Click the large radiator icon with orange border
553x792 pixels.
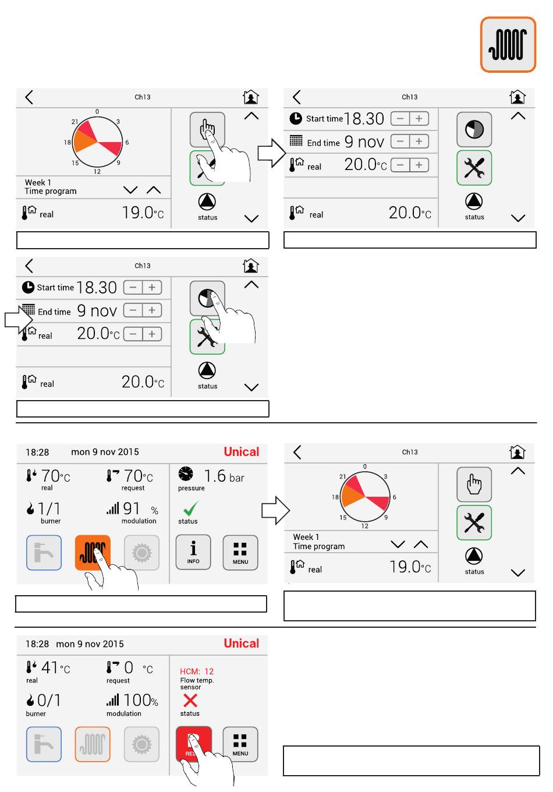tap(508, 44)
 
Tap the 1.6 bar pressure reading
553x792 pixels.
tap(224, 476)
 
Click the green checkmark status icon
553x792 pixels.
tap(191, 508)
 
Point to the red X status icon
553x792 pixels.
tap(190, 701)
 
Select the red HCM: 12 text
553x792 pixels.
tap(197, 671)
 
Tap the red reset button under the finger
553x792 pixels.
tap(194, 743)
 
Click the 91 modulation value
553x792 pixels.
tap(132, 508)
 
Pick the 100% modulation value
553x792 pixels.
tap(141, 700)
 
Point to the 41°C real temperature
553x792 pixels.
tap(55, 667)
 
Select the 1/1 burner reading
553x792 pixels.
tap(49, 509)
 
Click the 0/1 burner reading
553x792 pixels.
tap(49, 700)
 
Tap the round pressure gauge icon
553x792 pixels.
tap(186, 474)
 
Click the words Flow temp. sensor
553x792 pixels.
tap(197, 684)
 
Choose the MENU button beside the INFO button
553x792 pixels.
tap(240, 552)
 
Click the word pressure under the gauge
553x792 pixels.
tap(191, 488)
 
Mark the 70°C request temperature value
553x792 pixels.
tap(138, 476)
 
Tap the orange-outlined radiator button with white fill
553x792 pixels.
tap(93, 744)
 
